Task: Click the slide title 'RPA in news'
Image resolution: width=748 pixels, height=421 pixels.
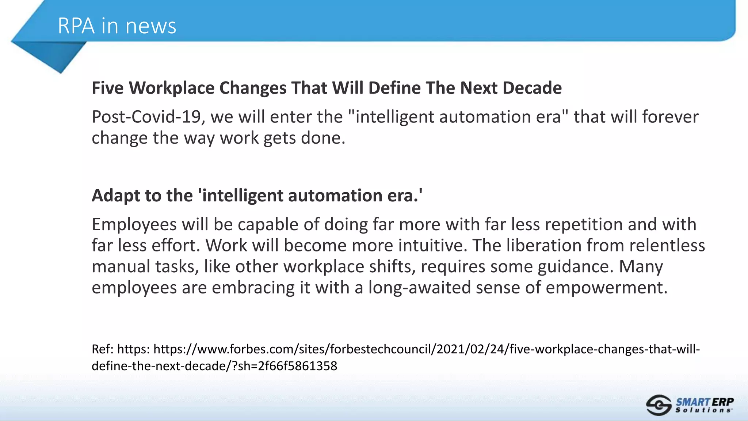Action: [x=117, y=26]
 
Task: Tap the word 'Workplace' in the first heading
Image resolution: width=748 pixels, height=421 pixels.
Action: [x=171, y=88]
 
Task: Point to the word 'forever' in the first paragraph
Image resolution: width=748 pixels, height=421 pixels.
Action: [x=670, y=117]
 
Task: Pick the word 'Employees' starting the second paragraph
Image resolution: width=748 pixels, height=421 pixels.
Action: [x=134, y=224]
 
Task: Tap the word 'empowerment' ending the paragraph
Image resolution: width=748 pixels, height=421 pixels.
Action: [x=606, y=288]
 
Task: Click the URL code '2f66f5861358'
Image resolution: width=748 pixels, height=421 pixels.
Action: [x=297, y=366]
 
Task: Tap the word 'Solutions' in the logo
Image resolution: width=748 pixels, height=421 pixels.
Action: [x=703, y=410]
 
